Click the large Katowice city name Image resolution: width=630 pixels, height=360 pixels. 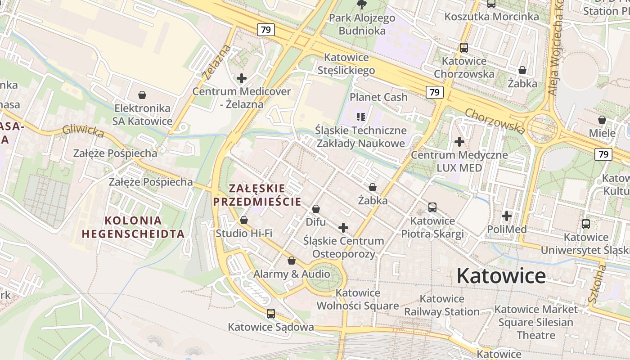pyautogui.click(x=501, y=275)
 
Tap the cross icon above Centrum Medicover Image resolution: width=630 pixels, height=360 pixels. pyautogui.click(x=242, y=78)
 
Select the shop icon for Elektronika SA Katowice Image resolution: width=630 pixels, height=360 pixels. pyautogui.click(x=142, y=95)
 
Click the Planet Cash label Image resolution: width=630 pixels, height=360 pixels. pyautogui.click(x=378, y=97)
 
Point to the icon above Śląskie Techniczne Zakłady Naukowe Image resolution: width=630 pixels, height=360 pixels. pyautogui.click(x=360, y=117)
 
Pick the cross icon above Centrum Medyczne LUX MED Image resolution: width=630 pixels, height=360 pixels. pyautogui.click(x=459, y=142)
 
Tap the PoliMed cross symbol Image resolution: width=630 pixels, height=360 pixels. pyautogui.click(x=507, y=216)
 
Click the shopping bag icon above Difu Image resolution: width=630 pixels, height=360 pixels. pyautogui.click(x=316, y=209)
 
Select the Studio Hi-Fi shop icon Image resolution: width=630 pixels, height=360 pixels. pyautogui.click(x=244, y=220)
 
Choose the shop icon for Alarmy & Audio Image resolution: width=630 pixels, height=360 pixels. pyautogui.click(x=292, y=261)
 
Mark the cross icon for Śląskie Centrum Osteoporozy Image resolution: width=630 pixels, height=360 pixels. pyautogui.click(x=343, y=228)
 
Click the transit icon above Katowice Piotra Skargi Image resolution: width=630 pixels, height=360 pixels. pyautogui.click(x=432, y=207)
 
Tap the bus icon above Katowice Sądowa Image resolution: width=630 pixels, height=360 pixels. pyautogui.click(x=270, y=314)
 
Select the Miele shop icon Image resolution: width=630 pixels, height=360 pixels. pyautogui.click(x=602, y=120)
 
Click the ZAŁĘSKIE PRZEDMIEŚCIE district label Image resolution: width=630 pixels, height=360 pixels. pyautogui.click(x=257, y=195)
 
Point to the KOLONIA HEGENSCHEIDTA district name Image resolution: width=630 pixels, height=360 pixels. pyautogui.click(x=133, y=227)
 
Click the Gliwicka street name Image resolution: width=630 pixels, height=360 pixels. pyautogui.click(x=83, y=130)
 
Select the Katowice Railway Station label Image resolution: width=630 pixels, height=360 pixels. pyautogui.click(x=441, y=305)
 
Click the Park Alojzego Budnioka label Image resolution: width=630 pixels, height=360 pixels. pyautogui.click(x=362, y=24)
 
